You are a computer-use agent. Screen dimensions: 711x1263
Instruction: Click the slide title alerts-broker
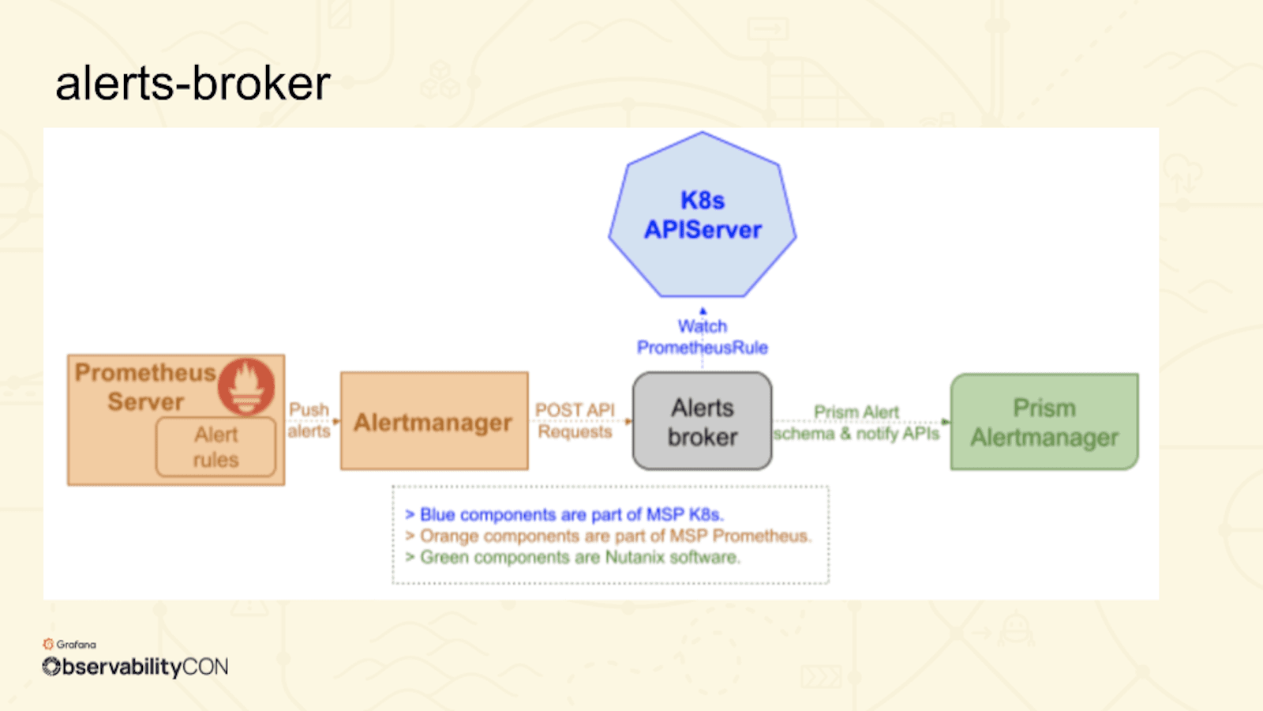193,84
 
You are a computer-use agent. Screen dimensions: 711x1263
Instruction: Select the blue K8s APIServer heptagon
703,216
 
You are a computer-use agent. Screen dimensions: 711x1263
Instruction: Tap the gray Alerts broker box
703,422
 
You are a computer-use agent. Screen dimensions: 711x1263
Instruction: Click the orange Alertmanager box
434,422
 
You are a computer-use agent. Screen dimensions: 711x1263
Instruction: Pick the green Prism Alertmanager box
1044,423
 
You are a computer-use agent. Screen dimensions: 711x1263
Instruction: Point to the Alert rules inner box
215,447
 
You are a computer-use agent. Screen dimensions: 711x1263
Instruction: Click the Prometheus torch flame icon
246,386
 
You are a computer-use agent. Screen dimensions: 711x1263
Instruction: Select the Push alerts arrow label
309,420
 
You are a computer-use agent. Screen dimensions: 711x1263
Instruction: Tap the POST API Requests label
575,420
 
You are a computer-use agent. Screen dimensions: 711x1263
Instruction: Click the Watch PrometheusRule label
703,337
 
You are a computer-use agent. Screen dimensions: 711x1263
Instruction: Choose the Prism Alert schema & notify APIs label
856,423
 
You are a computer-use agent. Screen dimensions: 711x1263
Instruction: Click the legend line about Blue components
564,515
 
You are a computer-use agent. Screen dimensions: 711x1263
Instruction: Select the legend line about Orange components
608,536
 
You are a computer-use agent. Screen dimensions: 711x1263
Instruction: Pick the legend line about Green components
572,558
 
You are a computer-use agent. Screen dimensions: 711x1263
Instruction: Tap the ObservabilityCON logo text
135,668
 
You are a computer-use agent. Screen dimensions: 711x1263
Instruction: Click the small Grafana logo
49,645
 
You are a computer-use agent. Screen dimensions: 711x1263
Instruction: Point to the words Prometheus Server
145,387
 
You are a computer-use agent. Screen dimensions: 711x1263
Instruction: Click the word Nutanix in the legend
634,558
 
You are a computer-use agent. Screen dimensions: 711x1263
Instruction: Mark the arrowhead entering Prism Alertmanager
946,422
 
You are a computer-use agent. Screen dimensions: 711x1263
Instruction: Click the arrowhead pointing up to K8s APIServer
703,311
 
